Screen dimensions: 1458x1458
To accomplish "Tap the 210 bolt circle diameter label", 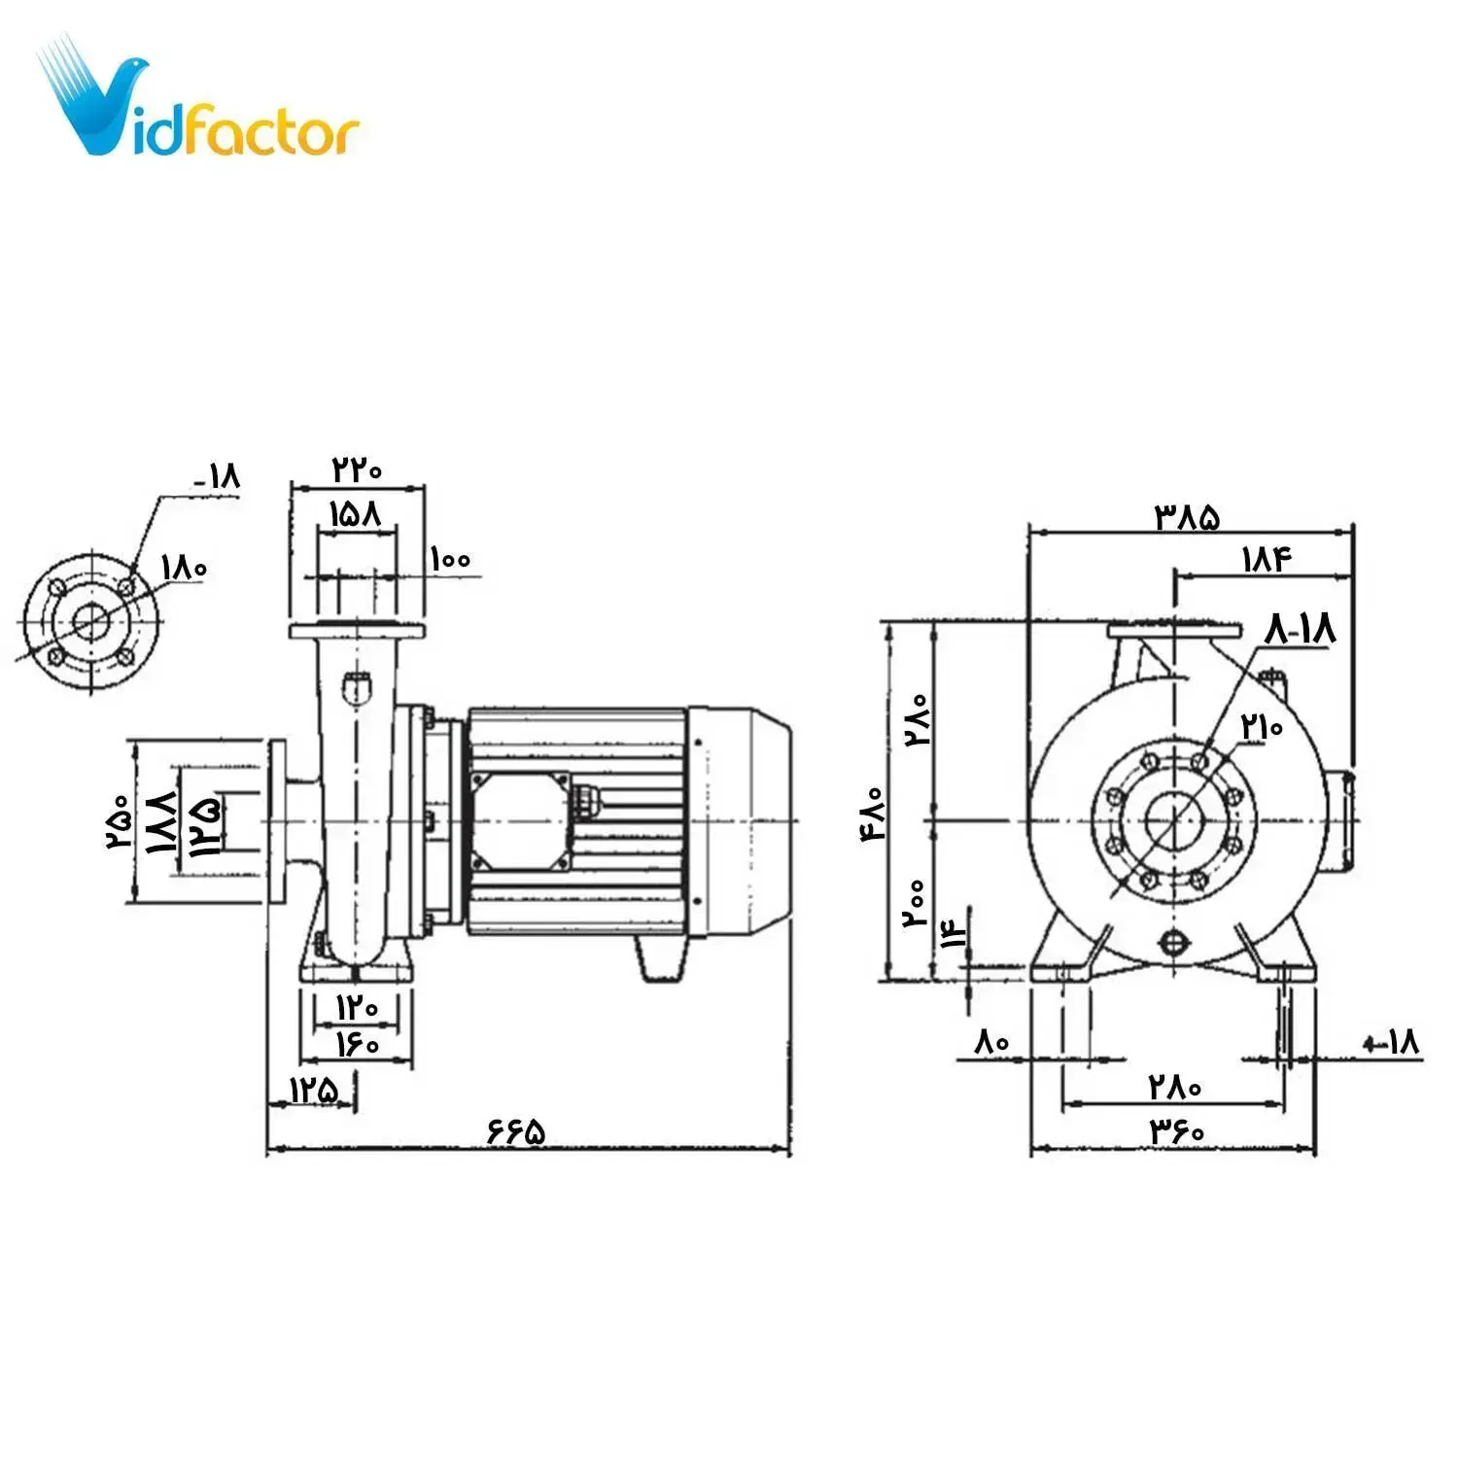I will click(1262, 726).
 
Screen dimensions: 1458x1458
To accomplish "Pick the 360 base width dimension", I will click(1177, 1130).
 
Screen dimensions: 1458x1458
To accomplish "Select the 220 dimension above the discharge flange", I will click(357, 469).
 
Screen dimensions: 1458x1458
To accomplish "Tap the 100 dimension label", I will click(450, 559).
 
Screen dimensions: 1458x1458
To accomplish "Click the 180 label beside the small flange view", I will click(184, 567).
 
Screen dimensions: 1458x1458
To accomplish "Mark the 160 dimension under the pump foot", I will click(357, 1045).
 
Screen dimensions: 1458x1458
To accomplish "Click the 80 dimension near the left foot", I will click(991, 1042).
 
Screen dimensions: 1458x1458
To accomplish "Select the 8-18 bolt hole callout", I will click(1300, 629).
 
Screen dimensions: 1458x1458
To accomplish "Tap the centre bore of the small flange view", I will click(91, 622).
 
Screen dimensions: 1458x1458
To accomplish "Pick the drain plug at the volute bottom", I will click(1174, 942).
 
